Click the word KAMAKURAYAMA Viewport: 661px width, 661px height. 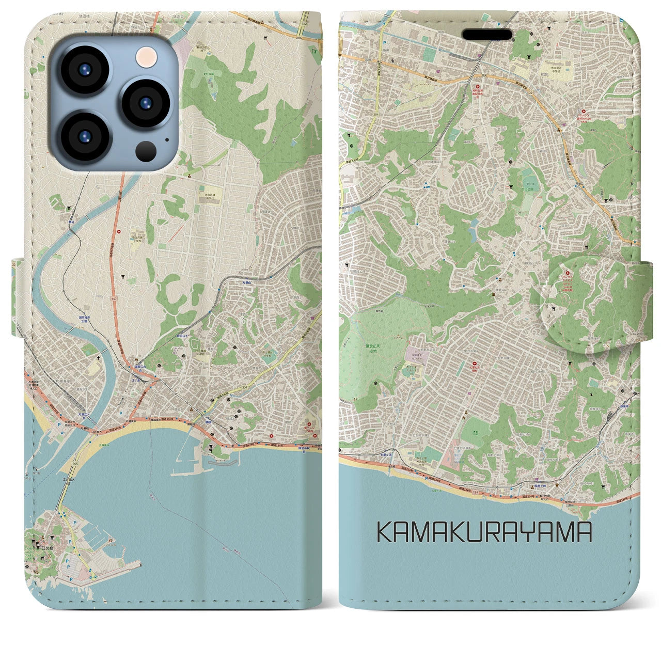[x=484, y=531]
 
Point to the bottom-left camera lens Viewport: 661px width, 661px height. [x=84, y=136]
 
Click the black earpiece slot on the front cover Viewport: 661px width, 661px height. [x=487, y=34]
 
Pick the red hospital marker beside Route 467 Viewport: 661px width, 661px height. [x=120, y=231]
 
